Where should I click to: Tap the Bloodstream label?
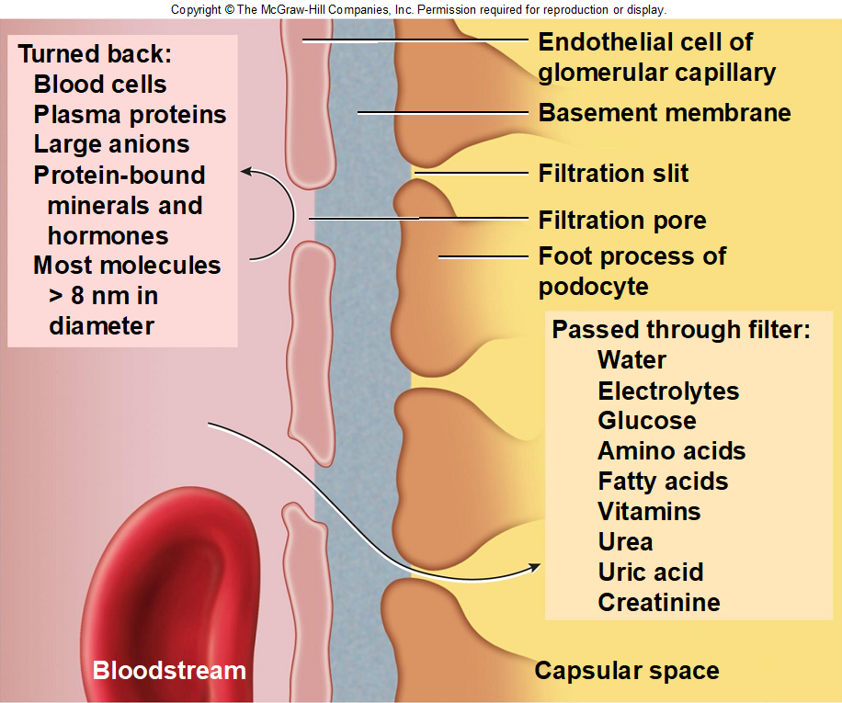[169, 670]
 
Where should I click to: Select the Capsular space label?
[627, 671]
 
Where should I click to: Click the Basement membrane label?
[665, 113]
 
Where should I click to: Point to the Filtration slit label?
[613, 174]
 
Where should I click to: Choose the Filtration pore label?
[622, 220]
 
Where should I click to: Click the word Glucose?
[647, 421]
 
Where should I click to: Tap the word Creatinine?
[659, 602]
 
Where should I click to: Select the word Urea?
[626, 542]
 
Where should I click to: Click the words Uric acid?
[651, 573]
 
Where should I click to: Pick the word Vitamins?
[649, 512]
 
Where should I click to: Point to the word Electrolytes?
[668, 391]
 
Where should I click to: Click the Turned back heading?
[95, 53]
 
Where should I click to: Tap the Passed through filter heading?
[681, 330]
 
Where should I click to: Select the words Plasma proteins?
[130, 114]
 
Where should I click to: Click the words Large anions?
[112, 144]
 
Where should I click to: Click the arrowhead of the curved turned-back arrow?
[245, 171]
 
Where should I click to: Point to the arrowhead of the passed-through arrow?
[535, 567]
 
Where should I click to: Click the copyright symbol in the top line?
[229, 10]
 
